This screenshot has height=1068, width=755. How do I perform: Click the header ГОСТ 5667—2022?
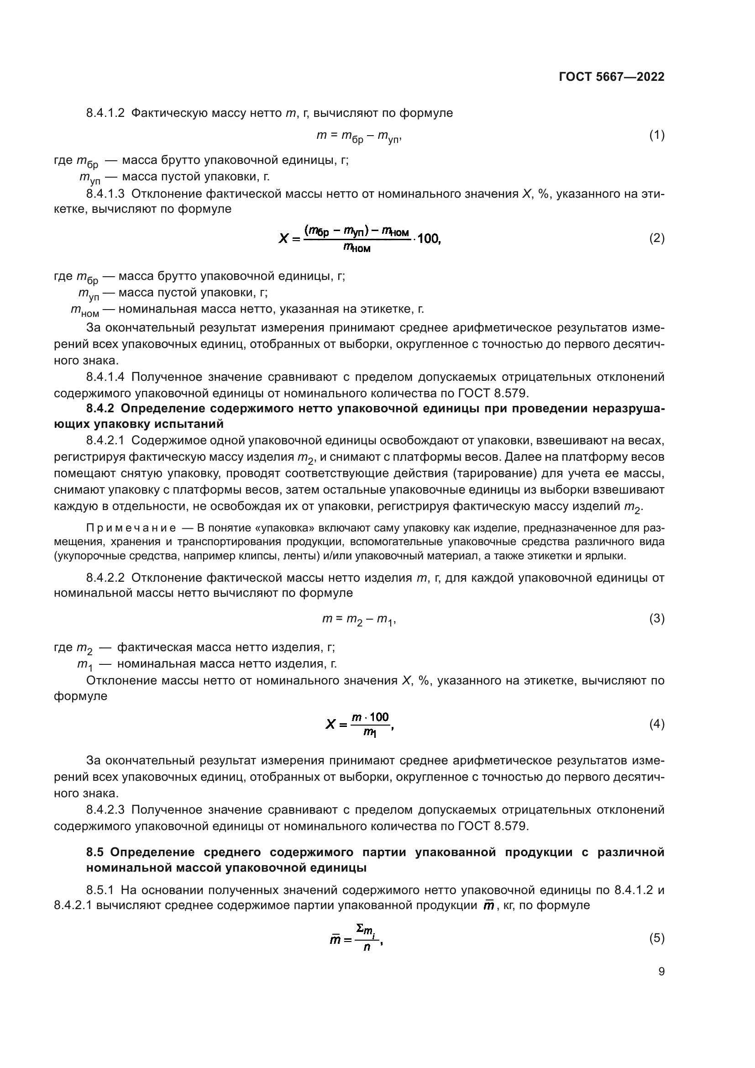(x=611, y=77)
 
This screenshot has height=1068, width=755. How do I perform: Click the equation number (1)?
(x=656, y=135)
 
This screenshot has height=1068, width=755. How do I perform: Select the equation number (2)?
(x=656, y=239)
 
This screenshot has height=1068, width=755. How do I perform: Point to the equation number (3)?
(x=656, y=619)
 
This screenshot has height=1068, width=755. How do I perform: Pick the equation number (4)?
(x=656, y=724)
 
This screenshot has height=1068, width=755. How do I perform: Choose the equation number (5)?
(x=656, y=938)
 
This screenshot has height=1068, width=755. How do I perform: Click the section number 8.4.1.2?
(x=105, y=113)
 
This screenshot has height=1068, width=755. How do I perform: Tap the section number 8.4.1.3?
(x=105, y=194)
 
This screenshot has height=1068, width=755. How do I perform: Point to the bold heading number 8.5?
(x=96, y=852)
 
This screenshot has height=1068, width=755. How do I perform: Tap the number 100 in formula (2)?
(x=428, y=239)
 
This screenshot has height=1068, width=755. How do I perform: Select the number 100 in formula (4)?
(x=379, y=717)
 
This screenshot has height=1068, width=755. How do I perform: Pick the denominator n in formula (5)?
(x=367, y=947)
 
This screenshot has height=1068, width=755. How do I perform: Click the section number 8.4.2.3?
(x=105, y=810)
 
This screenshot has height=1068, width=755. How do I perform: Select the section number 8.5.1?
(x=100, y=890)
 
